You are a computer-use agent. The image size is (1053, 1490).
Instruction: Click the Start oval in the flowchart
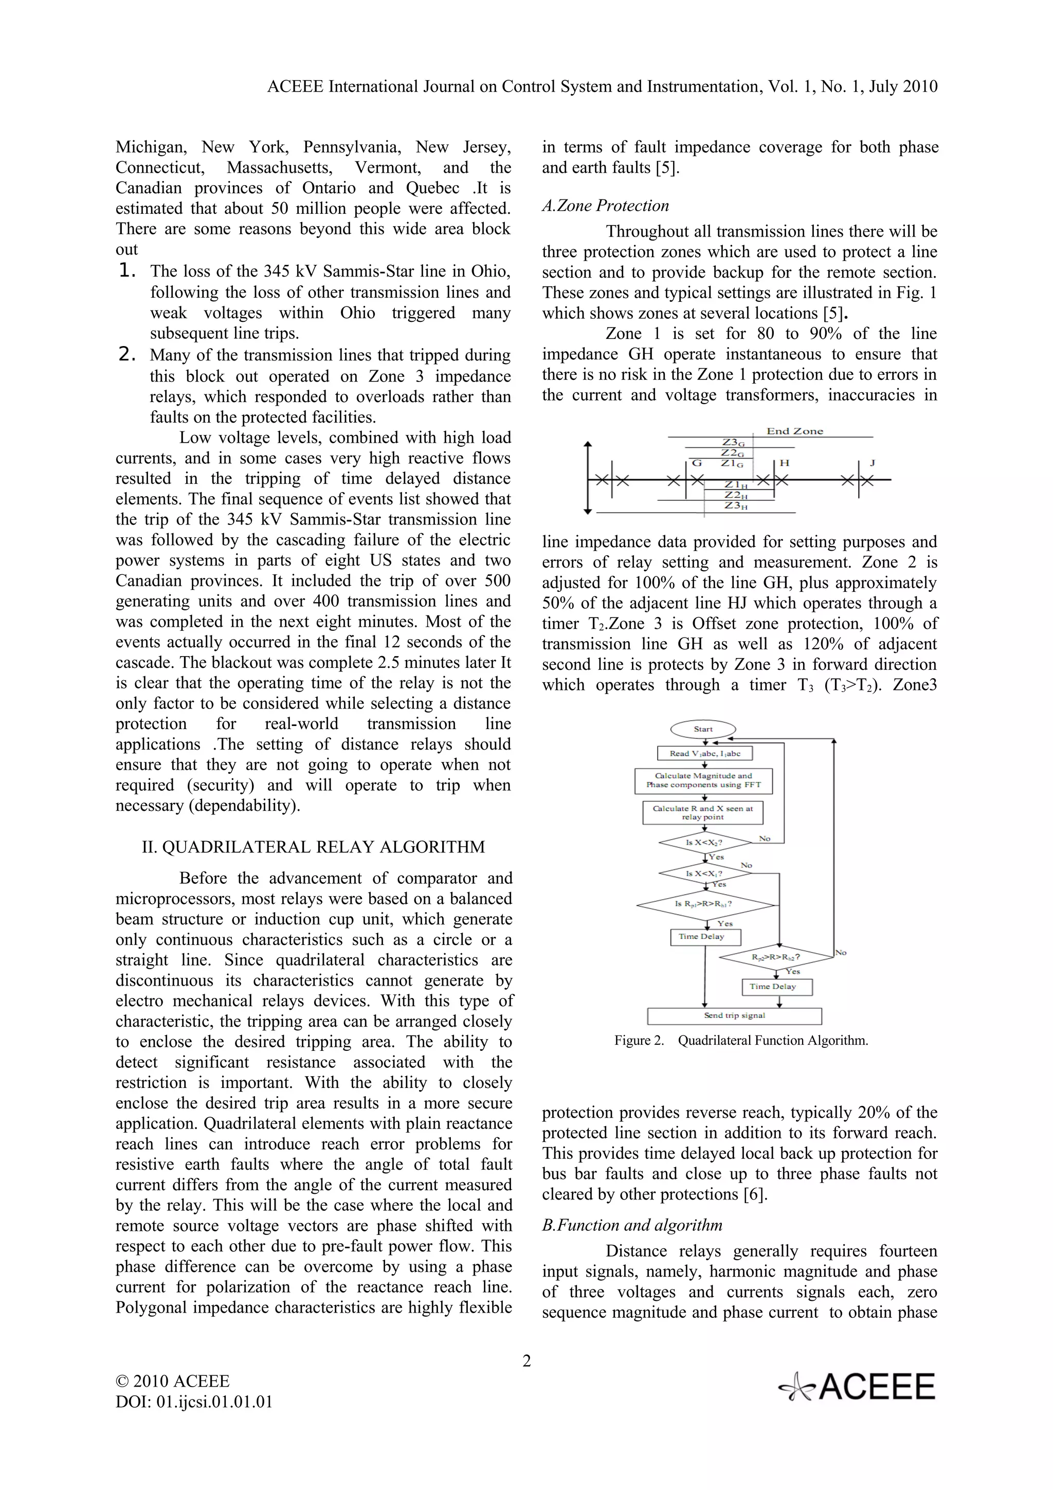point(703,729)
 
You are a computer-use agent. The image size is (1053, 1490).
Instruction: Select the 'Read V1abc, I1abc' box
point(704,753)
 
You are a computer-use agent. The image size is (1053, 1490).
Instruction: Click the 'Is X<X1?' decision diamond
point(704,874)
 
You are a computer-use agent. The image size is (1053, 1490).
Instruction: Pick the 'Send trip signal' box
point(734,1015)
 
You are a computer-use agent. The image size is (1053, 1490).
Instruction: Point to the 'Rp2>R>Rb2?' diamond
point(776,956)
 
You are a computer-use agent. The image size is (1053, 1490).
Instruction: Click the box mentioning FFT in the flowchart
point(703,780)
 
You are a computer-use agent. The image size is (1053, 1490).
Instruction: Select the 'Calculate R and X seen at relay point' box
point(703,812)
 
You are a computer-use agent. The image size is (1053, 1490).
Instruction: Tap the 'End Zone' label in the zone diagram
point(794,431)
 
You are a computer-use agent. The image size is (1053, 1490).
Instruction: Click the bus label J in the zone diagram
point(872,463)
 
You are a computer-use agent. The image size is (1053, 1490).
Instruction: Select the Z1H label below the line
point(736,485)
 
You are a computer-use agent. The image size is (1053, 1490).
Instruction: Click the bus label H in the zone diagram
point(785,463)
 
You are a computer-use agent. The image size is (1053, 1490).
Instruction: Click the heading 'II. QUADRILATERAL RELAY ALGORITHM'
point(313,847)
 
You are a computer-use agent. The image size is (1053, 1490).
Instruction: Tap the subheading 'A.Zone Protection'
point(605,206)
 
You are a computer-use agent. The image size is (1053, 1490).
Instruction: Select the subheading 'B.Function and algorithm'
point(632,1225)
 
